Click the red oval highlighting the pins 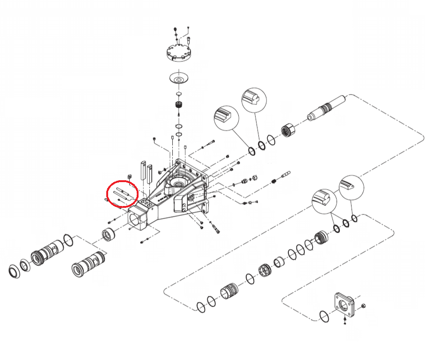[x=122, y=193]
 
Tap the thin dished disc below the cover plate [x=179, y=78]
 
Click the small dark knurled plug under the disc [x=178, y=105]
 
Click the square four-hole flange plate [x=344, y=305]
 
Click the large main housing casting [x=173, y=197]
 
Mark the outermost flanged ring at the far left [x=15, y=271]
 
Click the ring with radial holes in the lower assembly [x=264, y=271]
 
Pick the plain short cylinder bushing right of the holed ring [x=279, y=261]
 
